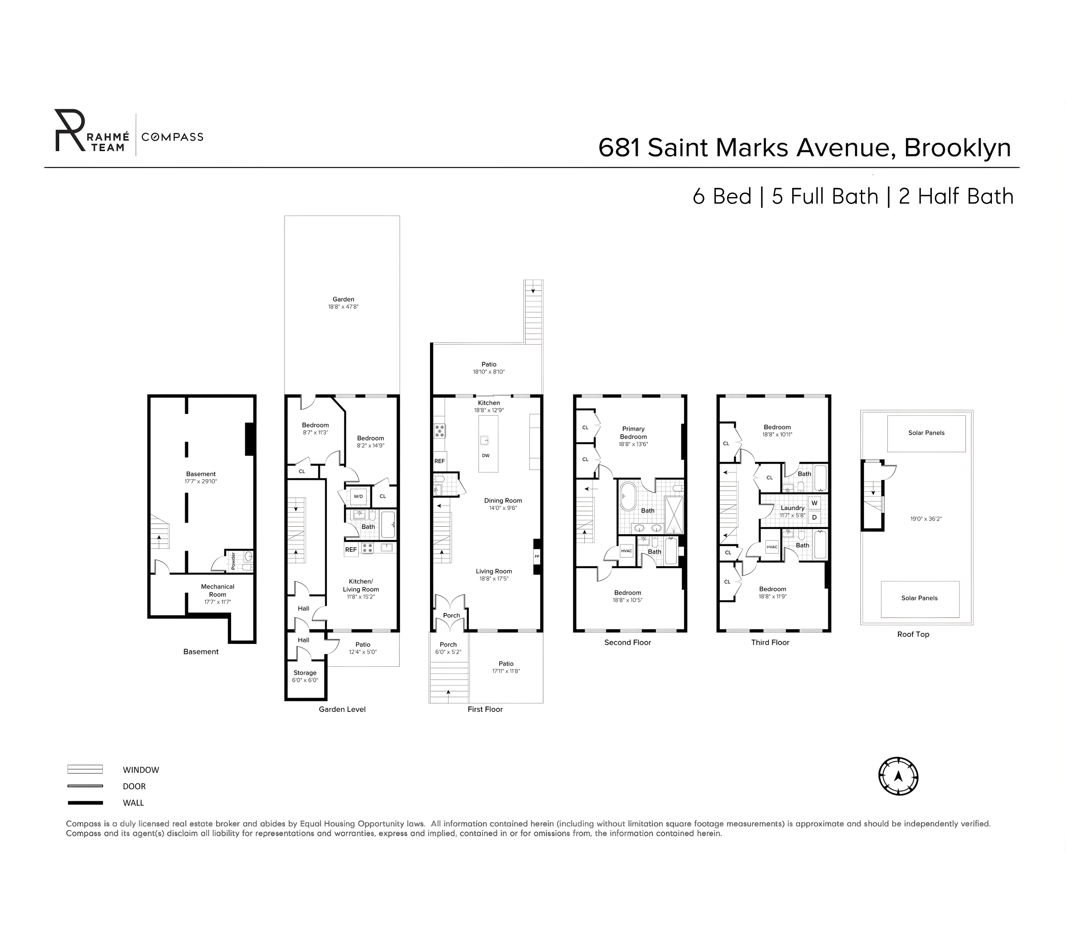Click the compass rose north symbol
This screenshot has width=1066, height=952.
pyautogui.click(x=898, y=776)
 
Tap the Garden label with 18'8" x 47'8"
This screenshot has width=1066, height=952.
pyautogui.click(x=343, y=303)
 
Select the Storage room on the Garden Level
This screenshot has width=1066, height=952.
pyautogui.click(x=305, y=677)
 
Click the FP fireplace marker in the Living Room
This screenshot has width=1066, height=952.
pyautogui.click(x=536, y=556)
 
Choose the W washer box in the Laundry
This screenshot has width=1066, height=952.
pyautogui.click(x=814, y=503)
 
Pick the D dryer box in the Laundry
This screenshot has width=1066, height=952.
pyautogui.click(x=814, y=517)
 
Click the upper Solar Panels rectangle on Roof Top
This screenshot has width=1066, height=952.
pyautogui.click(x=926, y=433)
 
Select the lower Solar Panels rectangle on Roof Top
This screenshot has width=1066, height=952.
pyautogui.click(x=920, y=599)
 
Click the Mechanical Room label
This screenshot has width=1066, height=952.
pyautogui.click(x=218, y=591)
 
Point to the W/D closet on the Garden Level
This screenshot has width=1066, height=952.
pyautogui.click(x=358, y=496)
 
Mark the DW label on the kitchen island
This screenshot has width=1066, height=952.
pyautogui.click(x=486, y=455)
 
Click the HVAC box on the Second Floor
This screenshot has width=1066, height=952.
pyautogui.click(x=626, y=551)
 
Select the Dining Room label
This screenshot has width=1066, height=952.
pyautogui.click(x=503, y=501)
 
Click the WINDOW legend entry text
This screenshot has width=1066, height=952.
pyautogui.click(x=141, y=770)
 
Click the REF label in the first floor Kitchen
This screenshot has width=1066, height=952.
pyautogui.click(x=439, y=461)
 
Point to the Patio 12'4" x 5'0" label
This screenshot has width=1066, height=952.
pyautogui.click(x=363, y=648)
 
